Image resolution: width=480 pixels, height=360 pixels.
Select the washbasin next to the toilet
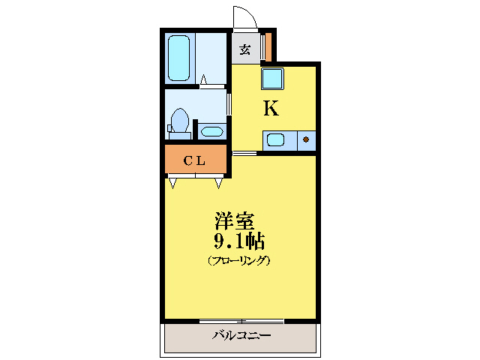pyautogui.click(x=211, y=132)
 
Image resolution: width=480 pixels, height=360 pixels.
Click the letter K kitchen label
pyautogui.click(x=270, y=109)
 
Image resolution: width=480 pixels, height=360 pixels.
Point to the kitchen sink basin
pyautogui.click(x=275, y=139)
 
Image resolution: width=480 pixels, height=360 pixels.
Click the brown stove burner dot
pyautogui.click(x=306, y=139)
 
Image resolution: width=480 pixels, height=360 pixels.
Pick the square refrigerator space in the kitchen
pyautogui.click(x=271, y=77)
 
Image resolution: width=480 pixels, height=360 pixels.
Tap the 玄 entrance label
pyautogui.click(x=245, y=50)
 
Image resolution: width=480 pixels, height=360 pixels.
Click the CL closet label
pyautogui.click(x=195, y=160)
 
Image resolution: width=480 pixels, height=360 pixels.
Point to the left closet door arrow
pyautogui.click(x=173, y=182)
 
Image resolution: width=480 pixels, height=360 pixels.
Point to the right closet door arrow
pyautogui.click(x=219, y=182)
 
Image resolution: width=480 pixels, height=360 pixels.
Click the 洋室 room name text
pyautogui.click(x=235, y=223)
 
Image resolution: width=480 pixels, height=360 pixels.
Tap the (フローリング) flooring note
pyautogui.click(x=238, y=261)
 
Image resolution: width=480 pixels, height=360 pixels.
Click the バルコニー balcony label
pyautogui.click(x=241, y=335)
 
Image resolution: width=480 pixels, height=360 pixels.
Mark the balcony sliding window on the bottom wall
pyautogui.click(x=241, y=320)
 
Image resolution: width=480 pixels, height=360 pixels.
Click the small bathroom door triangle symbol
pyautogui.click(x=203, y=77)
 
